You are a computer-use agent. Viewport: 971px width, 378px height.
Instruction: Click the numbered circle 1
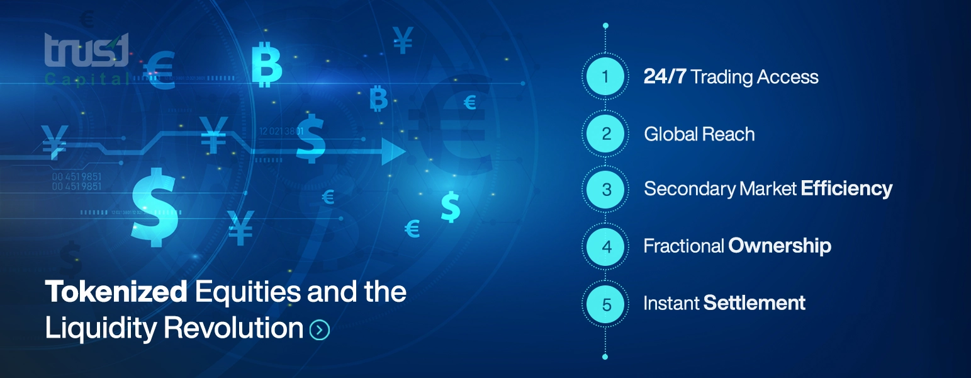click(605, 77)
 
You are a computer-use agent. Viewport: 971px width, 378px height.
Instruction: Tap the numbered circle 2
click(605, 134)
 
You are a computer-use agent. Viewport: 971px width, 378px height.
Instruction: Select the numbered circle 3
click(605, 189)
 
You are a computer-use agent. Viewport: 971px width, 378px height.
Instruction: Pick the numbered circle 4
click(605, 246)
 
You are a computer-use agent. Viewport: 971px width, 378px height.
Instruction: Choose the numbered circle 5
click(605, 304)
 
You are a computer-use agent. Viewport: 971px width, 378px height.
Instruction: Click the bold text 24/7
click(665, 77)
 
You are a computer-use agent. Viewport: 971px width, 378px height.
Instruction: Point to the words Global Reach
click(699, 134)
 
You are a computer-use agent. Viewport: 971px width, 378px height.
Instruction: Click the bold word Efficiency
click(846, 188)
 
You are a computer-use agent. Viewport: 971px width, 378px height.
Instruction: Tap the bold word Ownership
click(780, 246)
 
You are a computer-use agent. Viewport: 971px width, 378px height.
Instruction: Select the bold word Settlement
click(755, 303)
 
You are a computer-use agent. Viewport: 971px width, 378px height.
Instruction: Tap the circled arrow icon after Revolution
click(320, 329)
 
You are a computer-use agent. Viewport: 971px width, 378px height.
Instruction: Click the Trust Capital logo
click(87, 58)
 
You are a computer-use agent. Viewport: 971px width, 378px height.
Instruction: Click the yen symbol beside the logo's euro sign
click(403, 40)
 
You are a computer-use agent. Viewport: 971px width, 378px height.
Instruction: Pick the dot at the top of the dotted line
click(605, 26)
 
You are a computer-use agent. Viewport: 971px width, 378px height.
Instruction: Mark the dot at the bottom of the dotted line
click(605, 357)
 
